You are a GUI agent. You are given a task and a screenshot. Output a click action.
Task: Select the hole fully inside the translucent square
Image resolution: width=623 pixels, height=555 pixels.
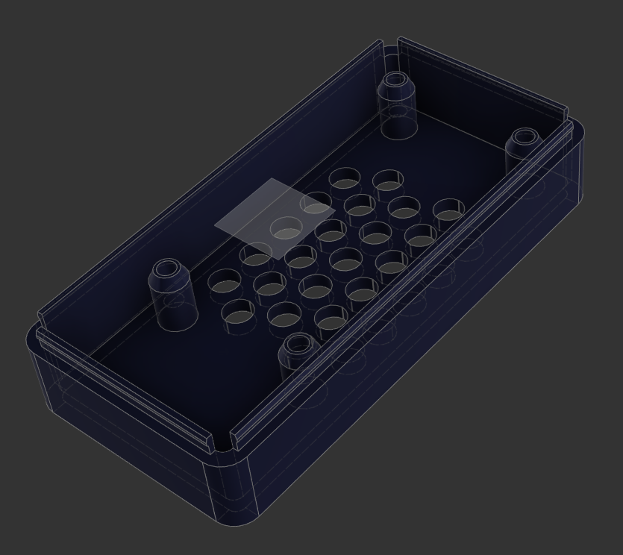tap(285, 228)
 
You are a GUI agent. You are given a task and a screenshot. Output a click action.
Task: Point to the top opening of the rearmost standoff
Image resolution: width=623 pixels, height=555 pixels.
tap(395, 80)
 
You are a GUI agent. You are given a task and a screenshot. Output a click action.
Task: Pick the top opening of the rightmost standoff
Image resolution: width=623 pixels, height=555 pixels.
tap(524, 137)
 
